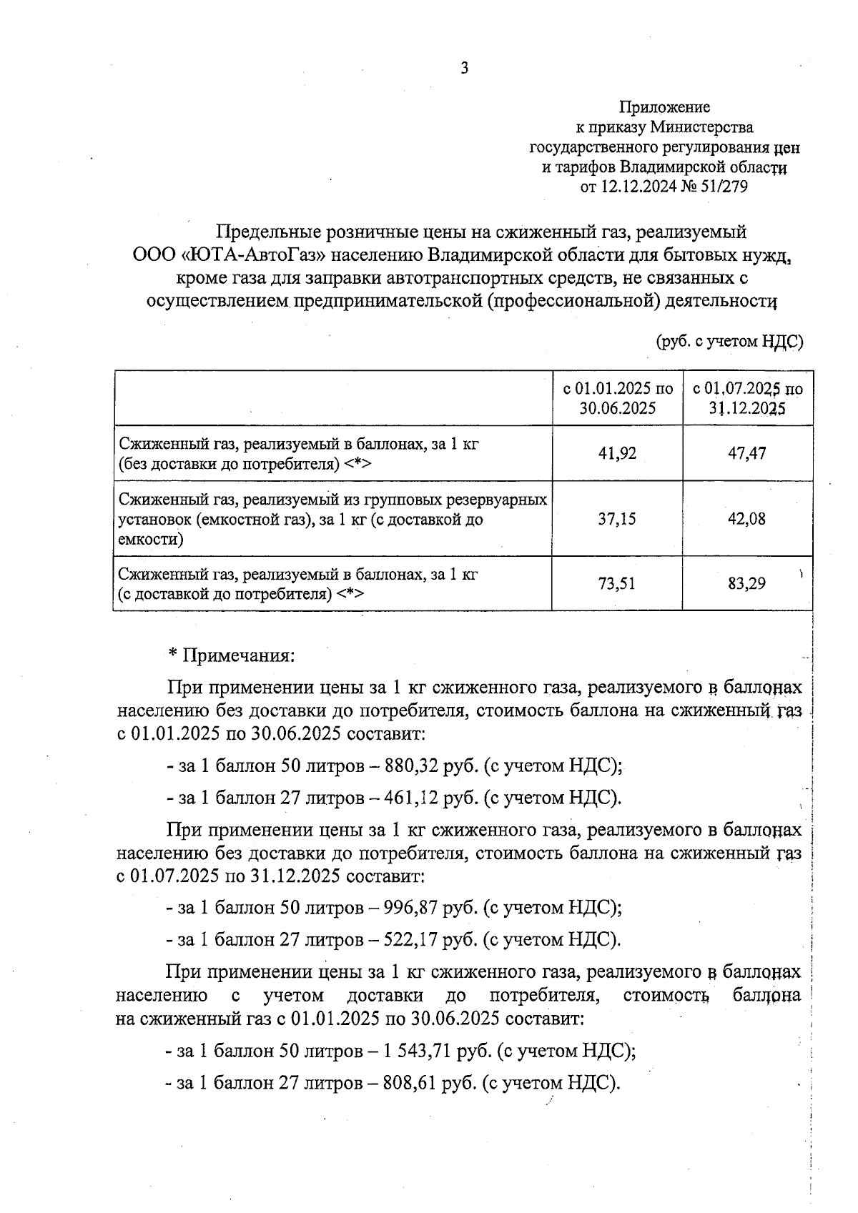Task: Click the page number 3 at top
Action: (465, 69)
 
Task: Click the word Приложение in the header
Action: (664, 107)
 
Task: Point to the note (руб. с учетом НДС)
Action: (730, 341)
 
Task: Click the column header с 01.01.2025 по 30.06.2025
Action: (617, 398)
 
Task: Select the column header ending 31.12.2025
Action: (747, 398)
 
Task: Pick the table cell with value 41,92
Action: (617, 453)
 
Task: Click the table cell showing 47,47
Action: (747, 453)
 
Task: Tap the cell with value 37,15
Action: (617, 519)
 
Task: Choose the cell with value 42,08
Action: (747, 519)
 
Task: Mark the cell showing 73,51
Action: (617, 583)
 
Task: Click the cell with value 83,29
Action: (747, 583)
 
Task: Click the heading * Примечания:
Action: (231, 655)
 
